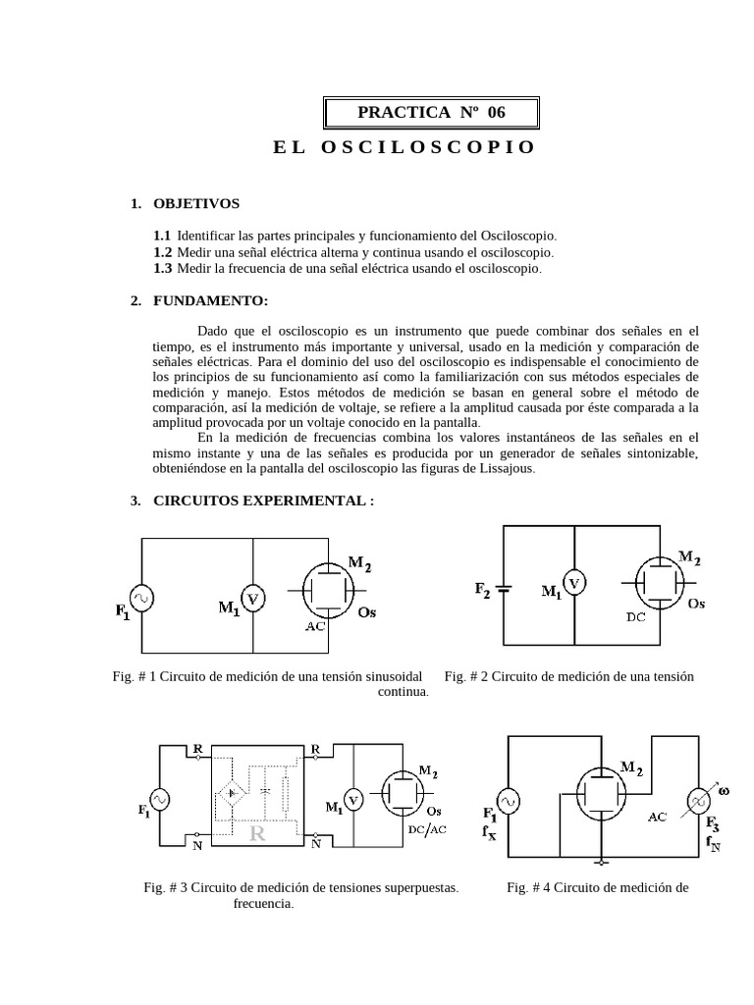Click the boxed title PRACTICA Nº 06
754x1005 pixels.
click(431, 112)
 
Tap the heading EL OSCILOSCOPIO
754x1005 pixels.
click(404, 147)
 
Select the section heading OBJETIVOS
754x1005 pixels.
click(196, 203)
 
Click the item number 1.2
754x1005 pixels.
click(162, 252)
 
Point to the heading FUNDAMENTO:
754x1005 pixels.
click(211, 300)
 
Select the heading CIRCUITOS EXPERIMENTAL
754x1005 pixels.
click(263, 501)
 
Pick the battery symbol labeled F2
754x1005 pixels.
click(505, 589)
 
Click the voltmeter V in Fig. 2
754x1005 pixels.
click(574, 585)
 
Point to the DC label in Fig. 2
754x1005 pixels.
click(636, 618)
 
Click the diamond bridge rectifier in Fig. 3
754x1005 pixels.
click(233, 792)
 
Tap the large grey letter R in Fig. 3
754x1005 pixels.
click(258, 834)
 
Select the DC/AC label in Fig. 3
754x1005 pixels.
click(427, 829)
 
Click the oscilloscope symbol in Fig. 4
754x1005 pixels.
click(598, 795)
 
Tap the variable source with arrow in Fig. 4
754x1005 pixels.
click(701, 801)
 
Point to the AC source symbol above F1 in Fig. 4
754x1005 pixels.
click(508, 802)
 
